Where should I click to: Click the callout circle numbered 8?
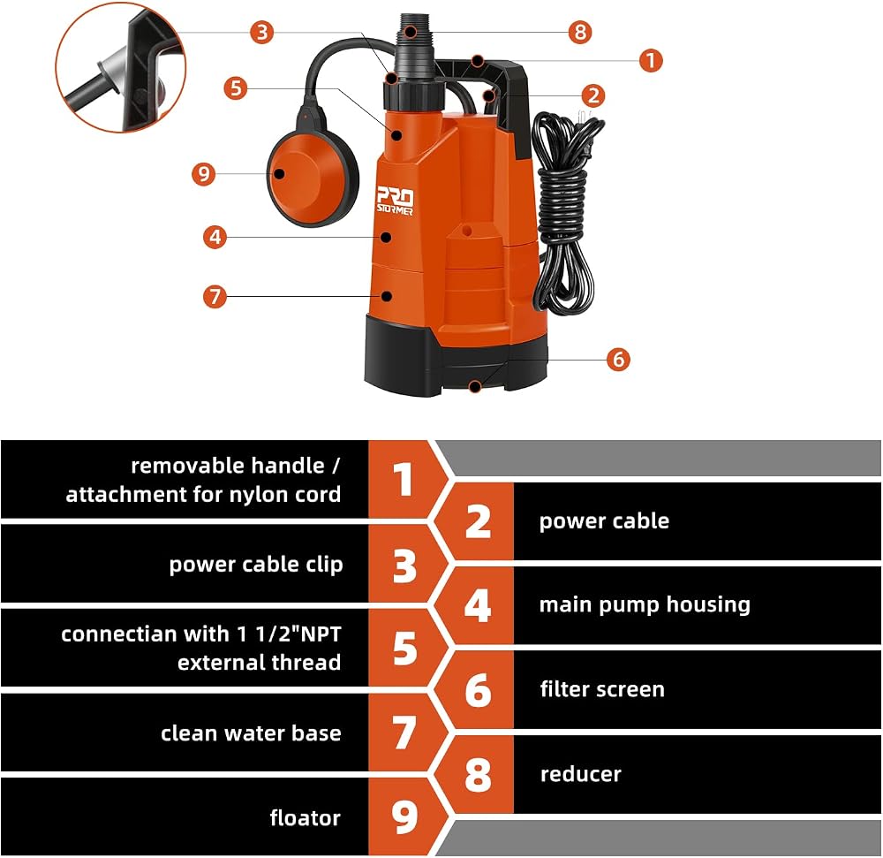(580, 32)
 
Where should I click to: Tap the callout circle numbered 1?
(651, 60)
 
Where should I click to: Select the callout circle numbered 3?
(262, 32)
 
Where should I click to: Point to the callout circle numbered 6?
(618, 358)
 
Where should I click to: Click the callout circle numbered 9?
(204, 173)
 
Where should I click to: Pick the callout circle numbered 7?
(215, 296)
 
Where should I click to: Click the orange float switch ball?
(313, 179)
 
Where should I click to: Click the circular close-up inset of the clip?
(120, 68)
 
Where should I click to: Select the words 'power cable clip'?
(256, 565)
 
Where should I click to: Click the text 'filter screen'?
(602, 689)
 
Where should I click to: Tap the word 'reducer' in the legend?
(581, 774)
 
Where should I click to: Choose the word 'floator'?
(306, 817)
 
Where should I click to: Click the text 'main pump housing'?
(645, 604)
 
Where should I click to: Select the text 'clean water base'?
(251, 733)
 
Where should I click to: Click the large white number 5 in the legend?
(405, 648)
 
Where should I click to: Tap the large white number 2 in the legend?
(478, 521)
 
